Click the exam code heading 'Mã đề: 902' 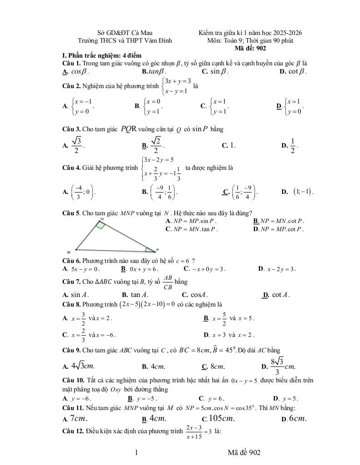point(250,48)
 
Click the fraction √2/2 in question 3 point(155,145)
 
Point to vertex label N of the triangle point(102,219)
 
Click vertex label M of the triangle point(69,252)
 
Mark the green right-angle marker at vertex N point(100,225)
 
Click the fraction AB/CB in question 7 point(168,282)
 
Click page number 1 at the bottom point(136,452)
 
